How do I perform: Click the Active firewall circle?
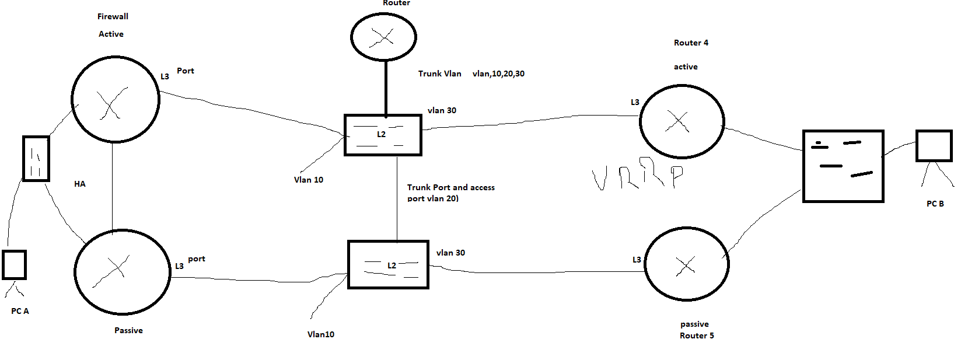point(115,99)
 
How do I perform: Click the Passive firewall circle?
point(122,272)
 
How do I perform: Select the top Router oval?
point(383,37)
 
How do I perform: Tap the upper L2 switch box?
point(383,135)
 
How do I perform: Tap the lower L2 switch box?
point(388,264)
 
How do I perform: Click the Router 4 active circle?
point(682,121)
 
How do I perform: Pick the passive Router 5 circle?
point(687,264)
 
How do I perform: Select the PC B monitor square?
point(934,145)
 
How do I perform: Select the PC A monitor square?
point(14,265)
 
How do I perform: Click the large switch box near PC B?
point(843,166)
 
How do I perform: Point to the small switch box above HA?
point(36,158)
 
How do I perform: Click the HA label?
point(80,184)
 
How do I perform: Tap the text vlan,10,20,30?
point(498,74)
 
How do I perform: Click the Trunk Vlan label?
point(439,74)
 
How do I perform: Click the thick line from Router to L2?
point(386,88)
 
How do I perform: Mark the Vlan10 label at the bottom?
point(321,334)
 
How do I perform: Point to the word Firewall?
point(113,16)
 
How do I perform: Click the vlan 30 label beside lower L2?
point(450,253)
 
